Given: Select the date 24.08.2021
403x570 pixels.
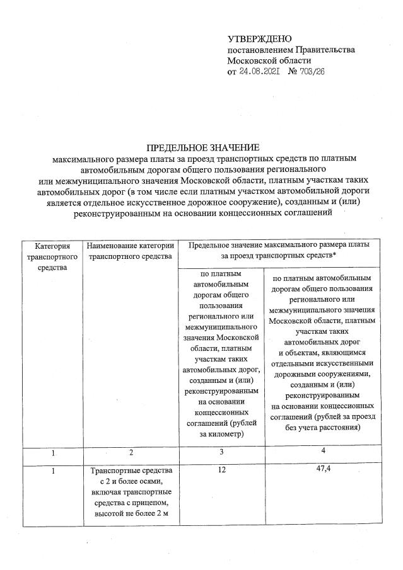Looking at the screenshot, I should click(x=259, y=71).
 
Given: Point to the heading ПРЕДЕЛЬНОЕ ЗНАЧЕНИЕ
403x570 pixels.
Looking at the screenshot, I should click(x=201, y=147).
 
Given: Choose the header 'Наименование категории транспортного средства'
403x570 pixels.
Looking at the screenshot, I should click(x=130, y=251).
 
